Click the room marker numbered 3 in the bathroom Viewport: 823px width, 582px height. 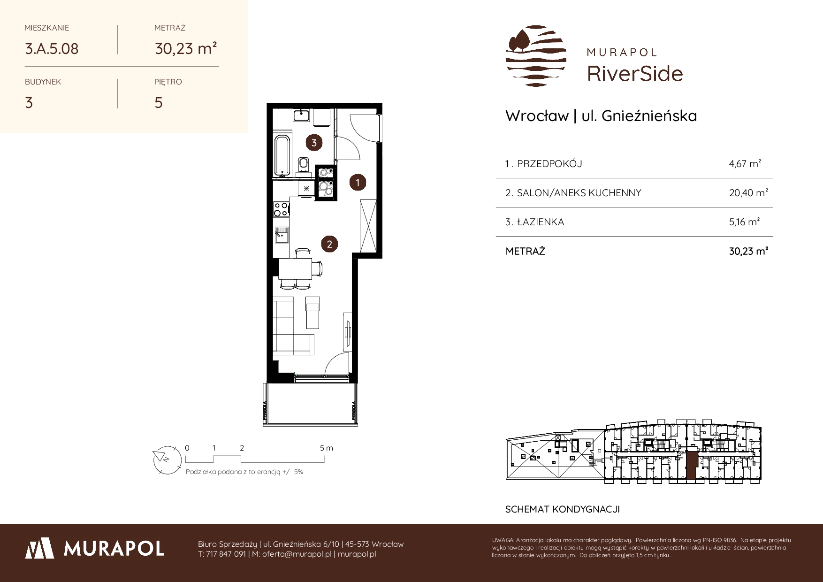[314, 142]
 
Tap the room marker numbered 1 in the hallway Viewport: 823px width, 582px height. [358, 182]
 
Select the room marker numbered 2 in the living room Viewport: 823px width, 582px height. [329, 244]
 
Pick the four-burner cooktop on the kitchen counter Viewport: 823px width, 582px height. [281, 209]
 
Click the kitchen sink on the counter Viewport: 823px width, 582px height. [281, 236]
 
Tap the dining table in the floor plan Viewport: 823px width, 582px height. [295, 269]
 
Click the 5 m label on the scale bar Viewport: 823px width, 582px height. [327, 448]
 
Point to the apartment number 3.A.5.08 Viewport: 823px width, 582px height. [52, 48]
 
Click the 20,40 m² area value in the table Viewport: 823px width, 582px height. [748, 192]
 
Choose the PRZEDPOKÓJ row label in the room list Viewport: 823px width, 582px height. [549, 164]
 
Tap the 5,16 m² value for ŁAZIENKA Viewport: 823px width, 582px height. [744, 222]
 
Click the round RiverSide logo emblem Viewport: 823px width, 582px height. [536, 56]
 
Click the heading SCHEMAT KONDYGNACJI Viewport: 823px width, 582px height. [563, 509]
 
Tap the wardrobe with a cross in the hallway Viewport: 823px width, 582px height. [368, 225]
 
